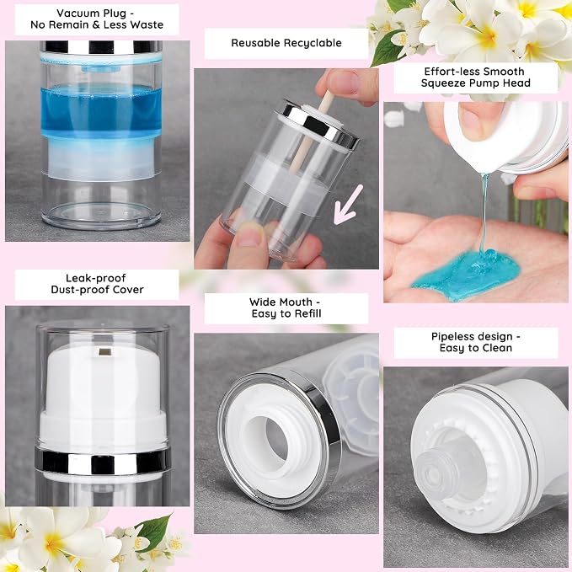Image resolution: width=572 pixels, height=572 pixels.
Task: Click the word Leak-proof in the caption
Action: (x=95, y=278)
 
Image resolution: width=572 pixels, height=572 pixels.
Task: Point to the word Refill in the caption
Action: (x=308, y=313)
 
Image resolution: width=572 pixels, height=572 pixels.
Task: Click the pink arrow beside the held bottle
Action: (x=348, y=204)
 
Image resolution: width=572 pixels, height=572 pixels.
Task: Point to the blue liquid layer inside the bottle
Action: (x=101, y=111)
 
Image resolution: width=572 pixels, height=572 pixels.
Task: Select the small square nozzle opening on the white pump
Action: (x=105, y=352)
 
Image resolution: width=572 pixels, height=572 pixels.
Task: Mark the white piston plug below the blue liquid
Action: (x=100, y=157)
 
